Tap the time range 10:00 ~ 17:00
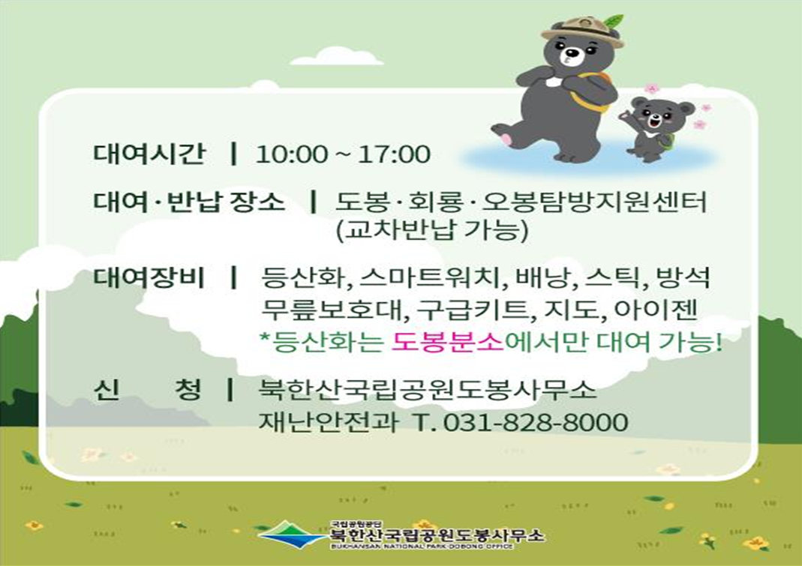click(343, 154)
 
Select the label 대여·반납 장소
click(189, 202)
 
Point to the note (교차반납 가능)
click(433, 229)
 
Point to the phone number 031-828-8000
click(536, 422)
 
